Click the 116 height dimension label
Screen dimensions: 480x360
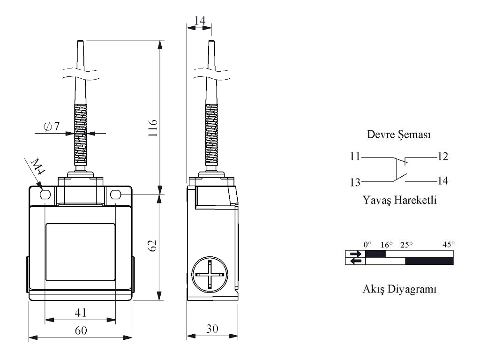(153, 128)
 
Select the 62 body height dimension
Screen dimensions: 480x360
(152, 245)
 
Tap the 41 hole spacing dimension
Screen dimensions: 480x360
(81, 313)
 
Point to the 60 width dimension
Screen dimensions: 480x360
(81, 330)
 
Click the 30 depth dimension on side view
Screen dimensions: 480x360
(212, 329)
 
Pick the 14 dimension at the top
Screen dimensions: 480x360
(200, 21)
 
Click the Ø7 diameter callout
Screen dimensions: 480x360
(52, 126)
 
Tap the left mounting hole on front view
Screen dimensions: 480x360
(45, 194)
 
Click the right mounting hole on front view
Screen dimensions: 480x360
(115, 194)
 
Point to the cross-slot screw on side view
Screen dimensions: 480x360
(210, 274)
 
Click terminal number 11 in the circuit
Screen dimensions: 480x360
(355, 157)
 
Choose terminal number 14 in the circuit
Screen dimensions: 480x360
(442, 180)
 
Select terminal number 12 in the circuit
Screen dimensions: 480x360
(442, 157)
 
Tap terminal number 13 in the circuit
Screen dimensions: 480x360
(355, 182)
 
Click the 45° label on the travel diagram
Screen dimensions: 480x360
(449, 244)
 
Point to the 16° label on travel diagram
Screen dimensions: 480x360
(386, 245)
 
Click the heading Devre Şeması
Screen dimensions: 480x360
(399, 135)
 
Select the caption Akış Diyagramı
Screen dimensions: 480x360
(399, 289)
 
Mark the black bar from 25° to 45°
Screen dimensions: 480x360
(429, 261)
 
